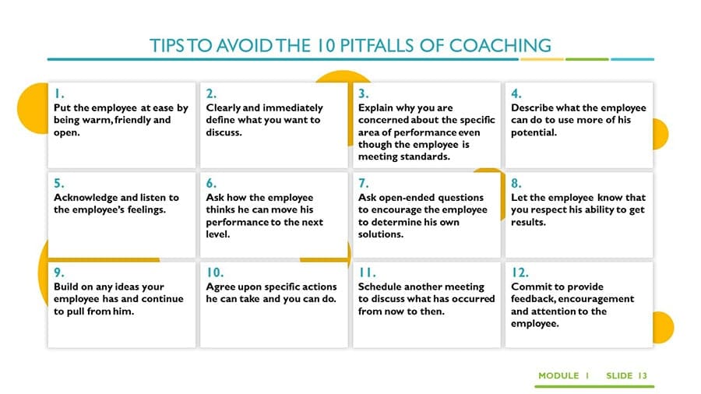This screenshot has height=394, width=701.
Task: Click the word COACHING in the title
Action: (500, 46)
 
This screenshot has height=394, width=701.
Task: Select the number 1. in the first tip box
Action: (59, 93)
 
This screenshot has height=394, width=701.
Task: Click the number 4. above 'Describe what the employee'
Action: (516, 93)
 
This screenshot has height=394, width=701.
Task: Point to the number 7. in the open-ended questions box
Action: (364, 183)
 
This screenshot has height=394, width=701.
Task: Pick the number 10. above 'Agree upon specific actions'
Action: (215, 273)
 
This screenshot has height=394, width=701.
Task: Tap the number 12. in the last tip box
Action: (520, 273)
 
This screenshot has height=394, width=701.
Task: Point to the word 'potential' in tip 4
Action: (534, 132)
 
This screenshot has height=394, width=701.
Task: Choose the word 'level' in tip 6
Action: (218, 234)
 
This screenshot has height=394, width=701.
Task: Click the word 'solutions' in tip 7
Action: (380, 234)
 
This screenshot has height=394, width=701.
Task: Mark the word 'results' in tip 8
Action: (528, 222)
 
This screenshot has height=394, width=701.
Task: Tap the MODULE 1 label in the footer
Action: (563, 375)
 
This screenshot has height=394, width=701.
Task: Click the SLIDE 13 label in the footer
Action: (626, 375)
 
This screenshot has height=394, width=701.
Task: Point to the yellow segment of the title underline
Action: (542, 59)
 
